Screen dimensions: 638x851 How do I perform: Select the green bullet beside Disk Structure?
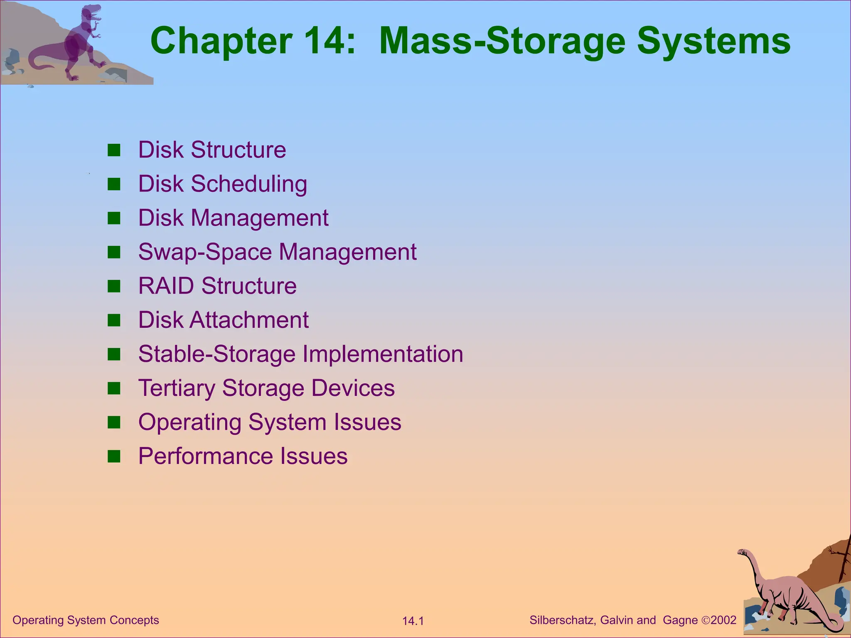pos(113,150)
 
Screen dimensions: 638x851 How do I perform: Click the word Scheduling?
pos(249,184)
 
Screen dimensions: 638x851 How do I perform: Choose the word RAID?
pos(166,286)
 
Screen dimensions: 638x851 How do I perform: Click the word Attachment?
pos(249,320)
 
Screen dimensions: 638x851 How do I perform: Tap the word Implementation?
pos(382,354)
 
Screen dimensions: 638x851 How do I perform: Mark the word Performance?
pos(205,456)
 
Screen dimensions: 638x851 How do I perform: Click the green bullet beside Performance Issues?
pos(113,456)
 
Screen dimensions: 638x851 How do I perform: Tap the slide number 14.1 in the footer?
pos(413,621)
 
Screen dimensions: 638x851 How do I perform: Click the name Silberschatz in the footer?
pos(563,620)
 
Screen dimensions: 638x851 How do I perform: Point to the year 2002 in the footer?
pos(723,620)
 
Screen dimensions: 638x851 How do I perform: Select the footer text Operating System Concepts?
pos(86,620)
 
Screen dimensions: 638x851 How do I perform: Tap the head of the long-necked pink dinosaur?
pos(743,552)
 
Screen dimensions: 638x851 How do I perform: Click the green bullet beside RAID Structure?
pos(113,286)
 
